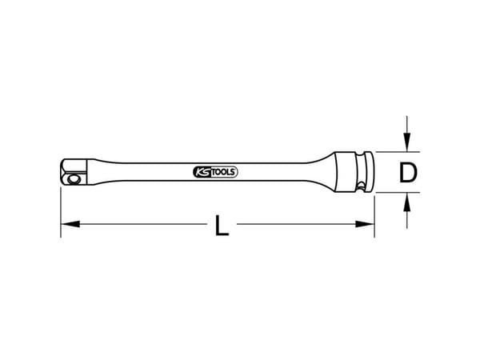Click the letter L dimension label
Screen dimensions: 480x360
222,226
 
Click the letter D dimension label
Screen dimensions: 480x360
408,173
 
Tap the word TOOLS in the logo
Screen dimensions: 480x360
223,172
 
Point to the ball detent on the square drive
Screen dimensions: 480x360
73,178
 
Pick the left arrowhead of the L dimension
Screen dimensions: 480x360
70,224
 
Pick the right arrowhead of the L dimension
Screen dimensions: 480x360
365,224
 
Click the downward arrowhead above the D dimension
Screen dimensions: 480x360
406,142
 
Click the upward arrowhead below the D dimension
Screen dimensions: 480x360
406,202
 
